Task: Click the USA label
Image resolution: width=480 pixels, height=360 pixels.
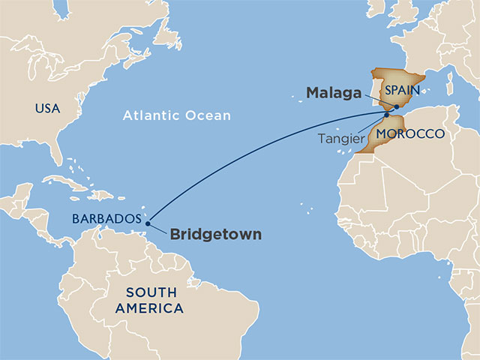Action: (x=46, y=109)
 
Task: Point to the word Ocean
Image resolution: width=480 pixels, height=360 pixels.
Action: (x=210, y=115)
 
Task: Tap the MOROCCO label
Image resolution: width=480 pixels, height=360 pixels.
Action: (x=406, y=134)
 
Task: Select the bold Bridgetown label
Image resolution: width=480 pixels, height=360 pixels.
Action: (x=216, y=235)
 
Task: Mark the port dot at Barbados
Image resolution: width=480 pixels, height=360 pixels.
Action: (x=148, y=223)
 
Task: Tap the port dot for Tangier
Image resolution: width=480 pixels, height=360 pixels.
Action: (x=386, y=115)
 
